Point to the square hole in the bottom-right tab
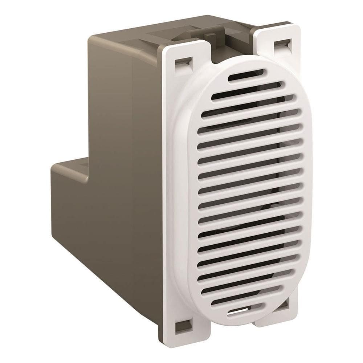tap(284, 303)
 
